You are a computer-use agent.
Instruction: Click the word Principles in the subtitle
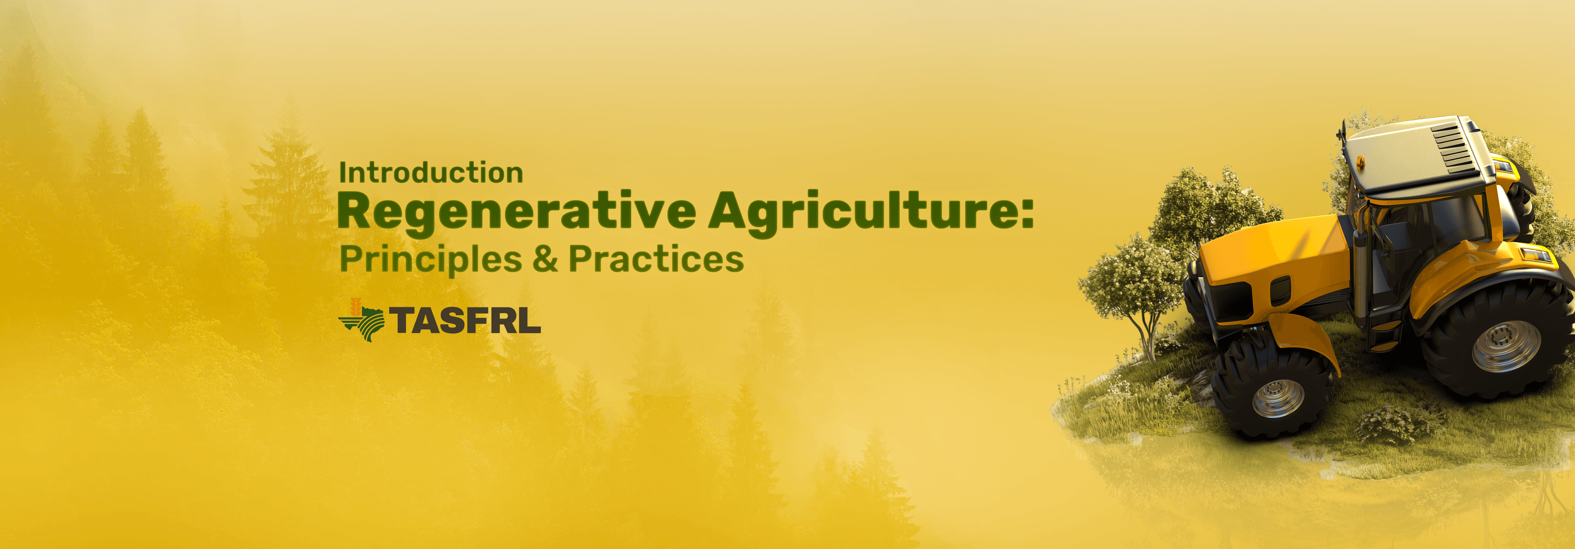430,259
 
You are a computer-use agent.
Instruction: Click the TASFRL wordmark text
465,320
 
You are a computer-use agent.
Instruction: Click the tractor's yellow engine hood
1272,251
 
